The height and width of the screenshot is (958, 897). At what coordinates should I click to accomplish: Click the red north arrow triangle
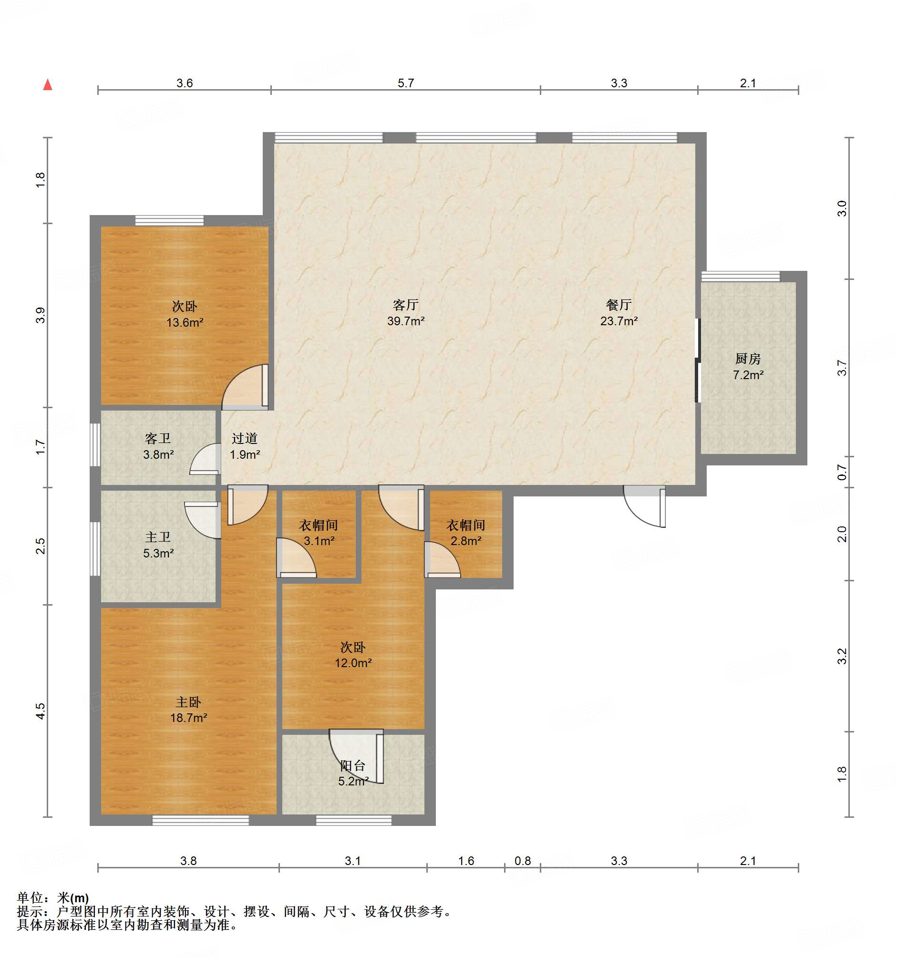coord(48,85)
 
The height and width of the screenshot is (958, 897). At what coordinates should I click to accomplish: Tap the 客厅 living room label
coord(405,305)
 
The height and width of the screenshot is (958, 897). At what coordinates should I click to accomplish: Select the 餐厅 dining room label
coord(619,305)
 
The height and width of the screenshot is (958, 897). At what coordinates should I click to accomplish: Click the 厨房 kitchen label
coord(748,359)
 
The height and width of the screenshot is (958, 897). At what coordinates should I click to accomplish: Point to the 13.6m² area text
coord(185,322)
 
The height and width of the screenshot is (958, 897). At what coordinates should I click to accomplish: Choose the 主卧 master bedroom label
coord(188,702)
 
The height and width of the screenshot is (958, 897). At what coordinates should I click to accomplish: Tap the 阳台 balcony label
coord(353,765)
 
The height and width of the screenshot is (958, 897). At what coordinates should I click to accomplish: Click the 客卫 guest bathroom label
coord(158,438)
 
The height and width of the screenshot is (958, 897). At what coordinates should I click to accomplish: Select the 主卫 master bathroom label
coord(158,537)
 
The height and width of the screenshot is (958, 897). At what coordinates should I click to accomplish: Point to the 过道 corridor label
coord(244,438)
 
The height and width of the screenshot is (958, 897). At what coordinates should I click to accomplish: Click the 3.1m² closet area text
coord(319,541)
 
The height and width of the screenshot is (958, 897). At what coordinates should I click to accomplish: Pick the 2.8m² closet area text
coord(465,541)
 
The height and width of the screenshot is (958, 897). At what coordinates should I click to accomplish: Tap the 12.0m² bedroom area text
coord(353,663)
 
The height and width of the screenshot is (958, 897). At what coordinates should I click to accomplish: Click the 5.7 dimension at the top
coord(405,83)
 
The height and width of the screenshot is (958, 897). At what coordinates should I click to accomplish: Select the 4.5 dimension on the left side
coord(41,711)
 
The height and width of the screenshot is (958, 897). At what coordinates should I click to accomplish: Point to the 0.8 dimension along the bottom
coord(523,861)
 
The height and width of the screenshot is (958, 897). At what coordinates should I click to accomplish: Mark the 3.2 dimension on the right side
coord(841,656)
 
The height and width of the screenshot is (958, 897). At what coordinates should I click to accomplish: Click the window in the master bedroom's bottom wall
coord(200,820)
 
